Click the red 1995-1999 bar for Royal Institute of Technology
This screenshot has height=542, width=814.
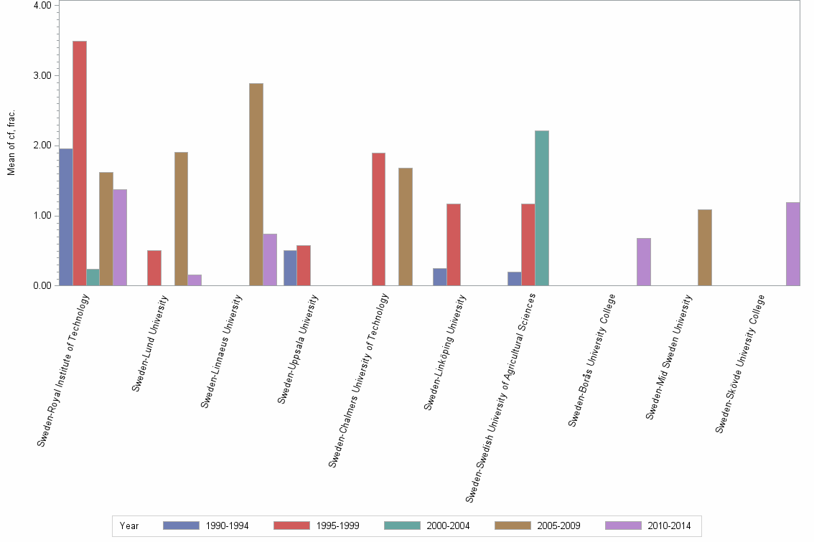click(79, 163)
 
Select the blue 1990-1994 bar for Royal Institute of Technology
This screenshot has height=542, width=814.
click(65, 217)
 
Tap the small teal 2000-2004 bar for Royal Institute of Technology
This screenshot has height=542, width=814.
click(93, 277)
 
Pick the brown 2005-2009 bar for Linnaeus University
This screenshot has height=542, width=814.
click(256, 184)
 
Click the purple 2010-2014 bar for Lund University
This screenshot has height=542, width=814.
click(195, 280)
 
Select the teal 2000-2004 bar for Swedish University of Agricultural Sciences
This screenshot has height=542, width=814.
click(542, 208)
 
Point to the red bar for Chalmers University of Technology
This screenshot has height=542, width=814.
click(378, 219)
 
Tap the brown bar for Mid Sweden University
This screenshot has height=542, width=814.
click(705, 247)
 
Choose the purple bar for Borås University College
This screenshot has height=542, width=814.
click(644, 262)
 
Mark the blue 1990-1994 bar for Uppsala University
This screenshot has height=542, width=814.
click(290, 268)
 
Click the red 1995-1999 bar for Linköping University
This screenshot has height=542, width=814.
click(454, 244)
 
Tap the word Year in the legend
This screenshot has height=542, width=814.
click(129, 526)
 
